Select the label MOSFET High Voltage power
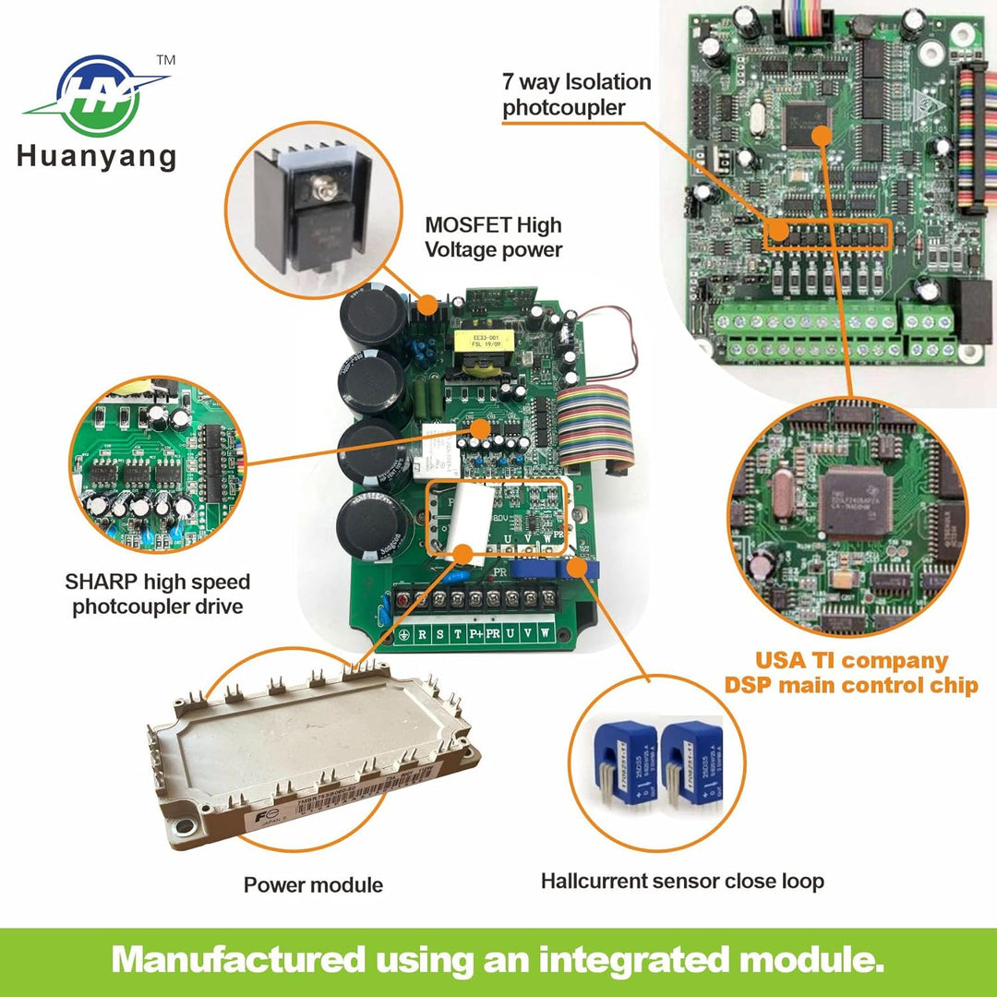point(493,236)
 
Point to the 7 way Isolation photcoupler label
point(576,94)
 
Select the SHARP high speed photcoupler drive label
point(157,595)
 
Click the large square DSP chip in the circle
point(851,503)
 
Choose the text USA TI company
point(851,661)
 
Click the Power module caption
point(313,885)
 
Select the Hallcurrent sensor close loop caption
point(682,882)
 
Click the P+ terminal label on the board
point(475,635)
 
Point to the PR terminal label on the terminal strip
point(494,635)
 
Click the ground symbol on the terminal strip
point(404,635)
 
